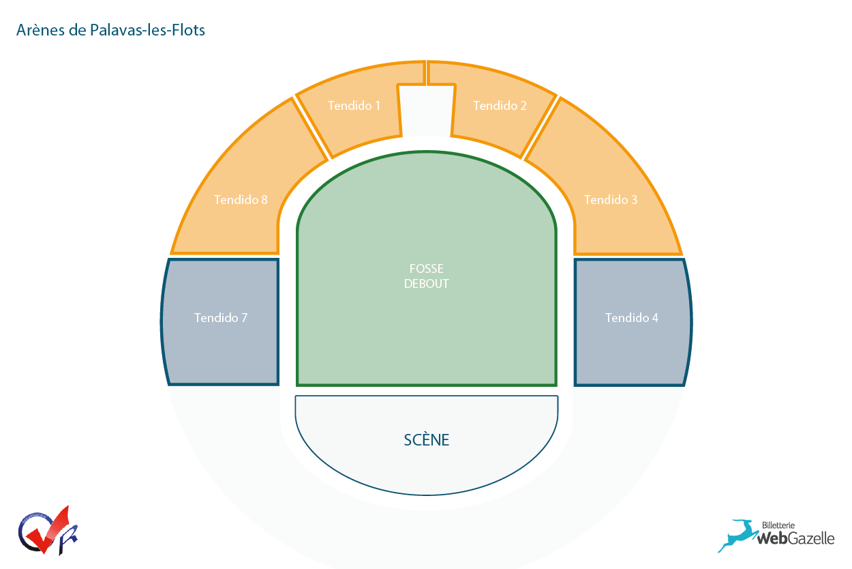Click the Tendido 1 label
[x=354, y=106]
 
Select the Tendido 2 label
[x=500, y=106]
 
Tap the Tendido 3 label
[x=611, y=200]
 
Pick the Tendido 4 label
[x=631, y=318]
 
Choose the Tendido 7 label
[x=220, y=318]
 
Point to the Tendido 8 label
[x=241, y=200]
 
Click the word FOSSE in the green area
[x=426, y=269]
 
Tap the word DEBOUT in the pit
[x=426, y=284]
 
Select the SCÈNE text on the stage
[x=426, y=440]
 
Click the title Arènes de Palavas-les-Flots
[x=110, y=30]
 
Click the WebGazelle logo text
[x=795, y=538]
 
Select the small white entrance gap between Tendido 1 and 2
[x=426, y=109]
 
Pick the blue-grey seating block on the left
[x=222, y=341]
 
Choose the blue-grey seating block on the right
[x=630, y=341]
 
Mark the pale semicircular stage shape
[x=426, y=464]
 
